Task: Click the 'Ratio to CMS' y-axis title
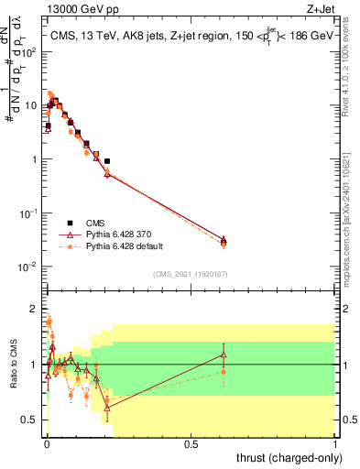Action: [x=12, y=364]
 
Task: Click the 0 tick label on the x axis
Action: [x=46, y=444]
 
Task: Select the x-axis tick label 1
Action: [x=335, y=444]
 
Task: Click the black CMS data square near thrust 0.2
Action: [x=107, y=161]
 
